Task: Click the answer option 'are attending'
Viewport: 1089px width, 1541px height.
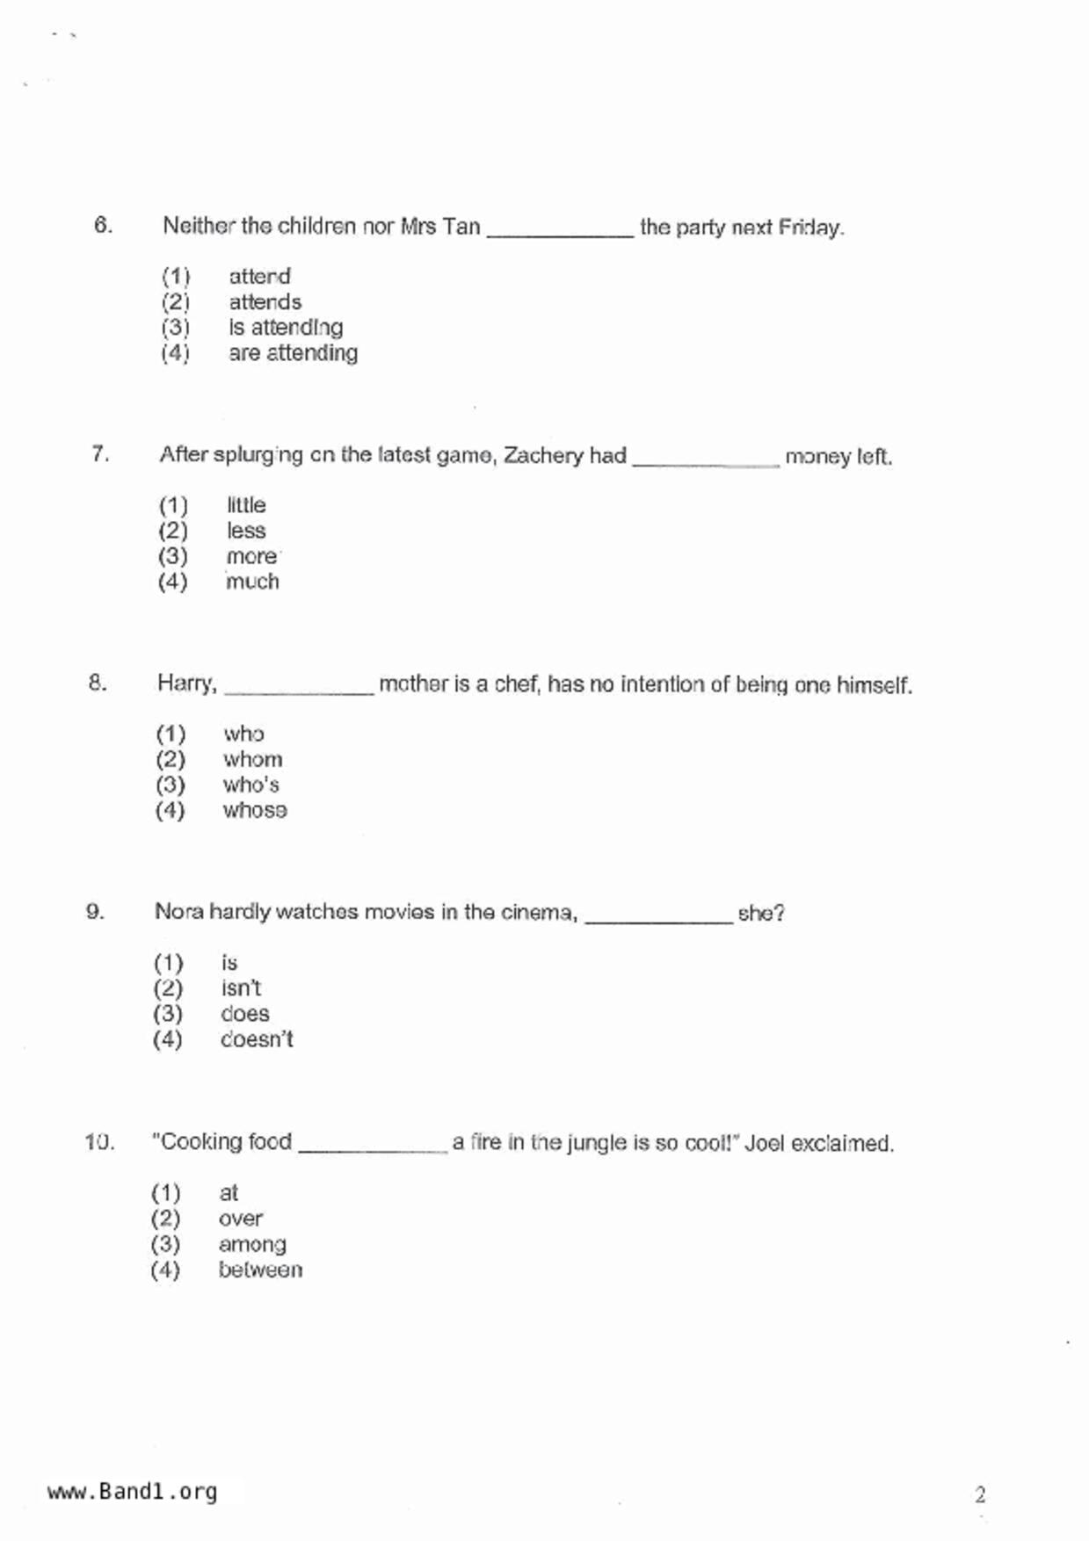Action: [x=293, y=353]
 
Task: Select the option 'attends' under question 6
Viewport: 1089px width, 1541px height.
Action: [x=265, y=302]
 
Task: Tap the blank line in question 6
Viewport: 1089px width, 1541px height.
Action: [x=560, y=230]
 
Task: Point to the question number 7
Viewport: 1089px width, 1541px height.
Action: [x=100, y=454]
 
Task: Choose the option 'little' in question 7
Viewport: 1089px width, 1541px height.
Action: [x=246, y=505]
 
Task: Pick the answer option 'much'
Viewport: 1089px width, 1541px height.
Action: [x=252, y=582]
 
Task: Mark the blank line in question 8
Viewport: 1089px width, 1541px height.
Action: [x=299, y=688]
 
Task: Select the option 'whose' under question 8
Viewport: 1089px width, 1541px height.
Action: [x=255, y=810]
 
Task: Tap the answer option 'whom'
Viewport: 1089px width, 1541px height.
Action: [x=252, y=759]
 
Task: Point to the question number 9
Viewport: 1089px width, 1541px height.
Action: [x=95, y=912]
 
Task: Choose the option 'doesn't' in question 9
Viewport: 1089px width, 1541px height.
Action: [x=257, y=1039]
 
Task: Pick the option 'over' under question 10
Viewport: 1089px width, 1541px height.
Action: [x=241, y=1219]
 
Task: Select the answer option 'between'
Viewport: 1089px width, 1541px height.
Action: [x=260, y=1270]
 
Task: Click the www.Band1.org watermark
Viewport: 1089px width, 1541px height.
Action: [x=132, y=1492]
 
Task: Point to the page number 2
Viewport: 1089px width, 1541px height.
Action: [x=980, y=1494]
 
